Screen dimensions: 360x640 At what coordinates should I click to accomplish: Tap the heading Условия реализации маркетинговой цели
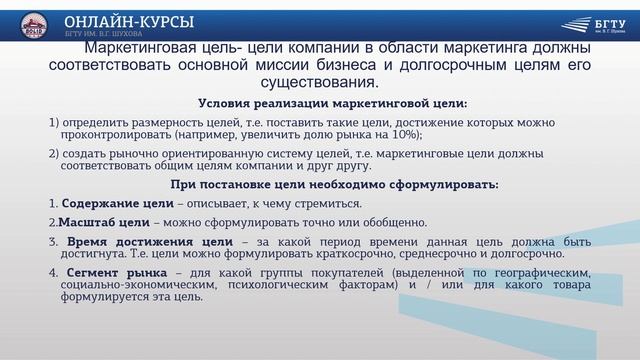pyautogui.click(x=333, y=103)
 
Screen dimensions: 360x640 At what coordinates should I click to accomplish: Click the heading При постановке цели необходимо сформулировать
pyautogui.click(x=334, y=184)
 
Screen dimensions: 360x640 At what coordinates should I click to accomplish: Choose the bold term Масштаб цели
pyautogui.click(x=97, y=222)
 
